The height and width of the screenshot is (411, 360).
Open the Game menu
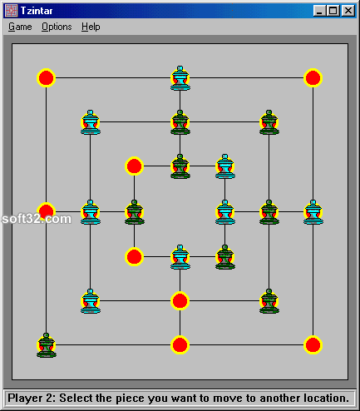(20, 27)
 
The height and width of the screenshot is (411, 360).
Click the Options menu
(57, 27)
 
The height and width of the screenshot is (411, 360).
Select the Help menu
(91, 27)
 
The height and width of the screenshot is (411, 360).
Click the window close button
(348, 11)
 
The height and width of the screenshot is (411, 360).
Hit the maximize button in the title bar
(333, 11)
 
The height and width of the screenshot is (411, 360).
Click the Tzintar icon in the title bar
(12, 11)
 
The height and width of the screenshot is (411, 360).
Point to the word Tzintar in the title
(37, 11)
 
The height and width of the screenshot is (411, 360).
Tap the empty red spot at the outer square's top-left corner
(46, 77)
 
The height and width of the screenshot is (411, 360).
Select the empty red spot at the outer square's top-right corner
(313, 77)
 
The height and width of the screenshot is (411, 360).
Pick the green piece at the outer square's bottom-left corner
(47, 345)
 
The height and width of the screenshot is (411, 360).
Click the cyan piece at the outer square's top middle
(180, 78)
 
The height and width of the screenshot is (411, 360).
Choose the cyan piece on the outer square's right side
(313, 212)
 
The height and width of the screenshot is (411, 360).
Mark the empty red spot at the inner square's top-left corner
(134, 166)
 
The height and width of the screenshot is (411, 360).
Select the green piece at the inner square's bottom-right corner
(225, 257)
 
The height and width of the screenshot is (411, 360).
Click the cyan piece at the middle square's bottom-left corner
(91, 301)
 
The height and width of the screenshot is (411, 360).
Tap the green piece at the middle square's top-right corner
(269, 122)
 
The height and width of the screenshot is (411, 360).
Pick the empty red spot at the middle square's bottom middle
(180, 301)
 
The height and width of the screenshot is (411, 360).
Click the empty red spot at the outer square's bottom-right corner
(313, 345)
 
